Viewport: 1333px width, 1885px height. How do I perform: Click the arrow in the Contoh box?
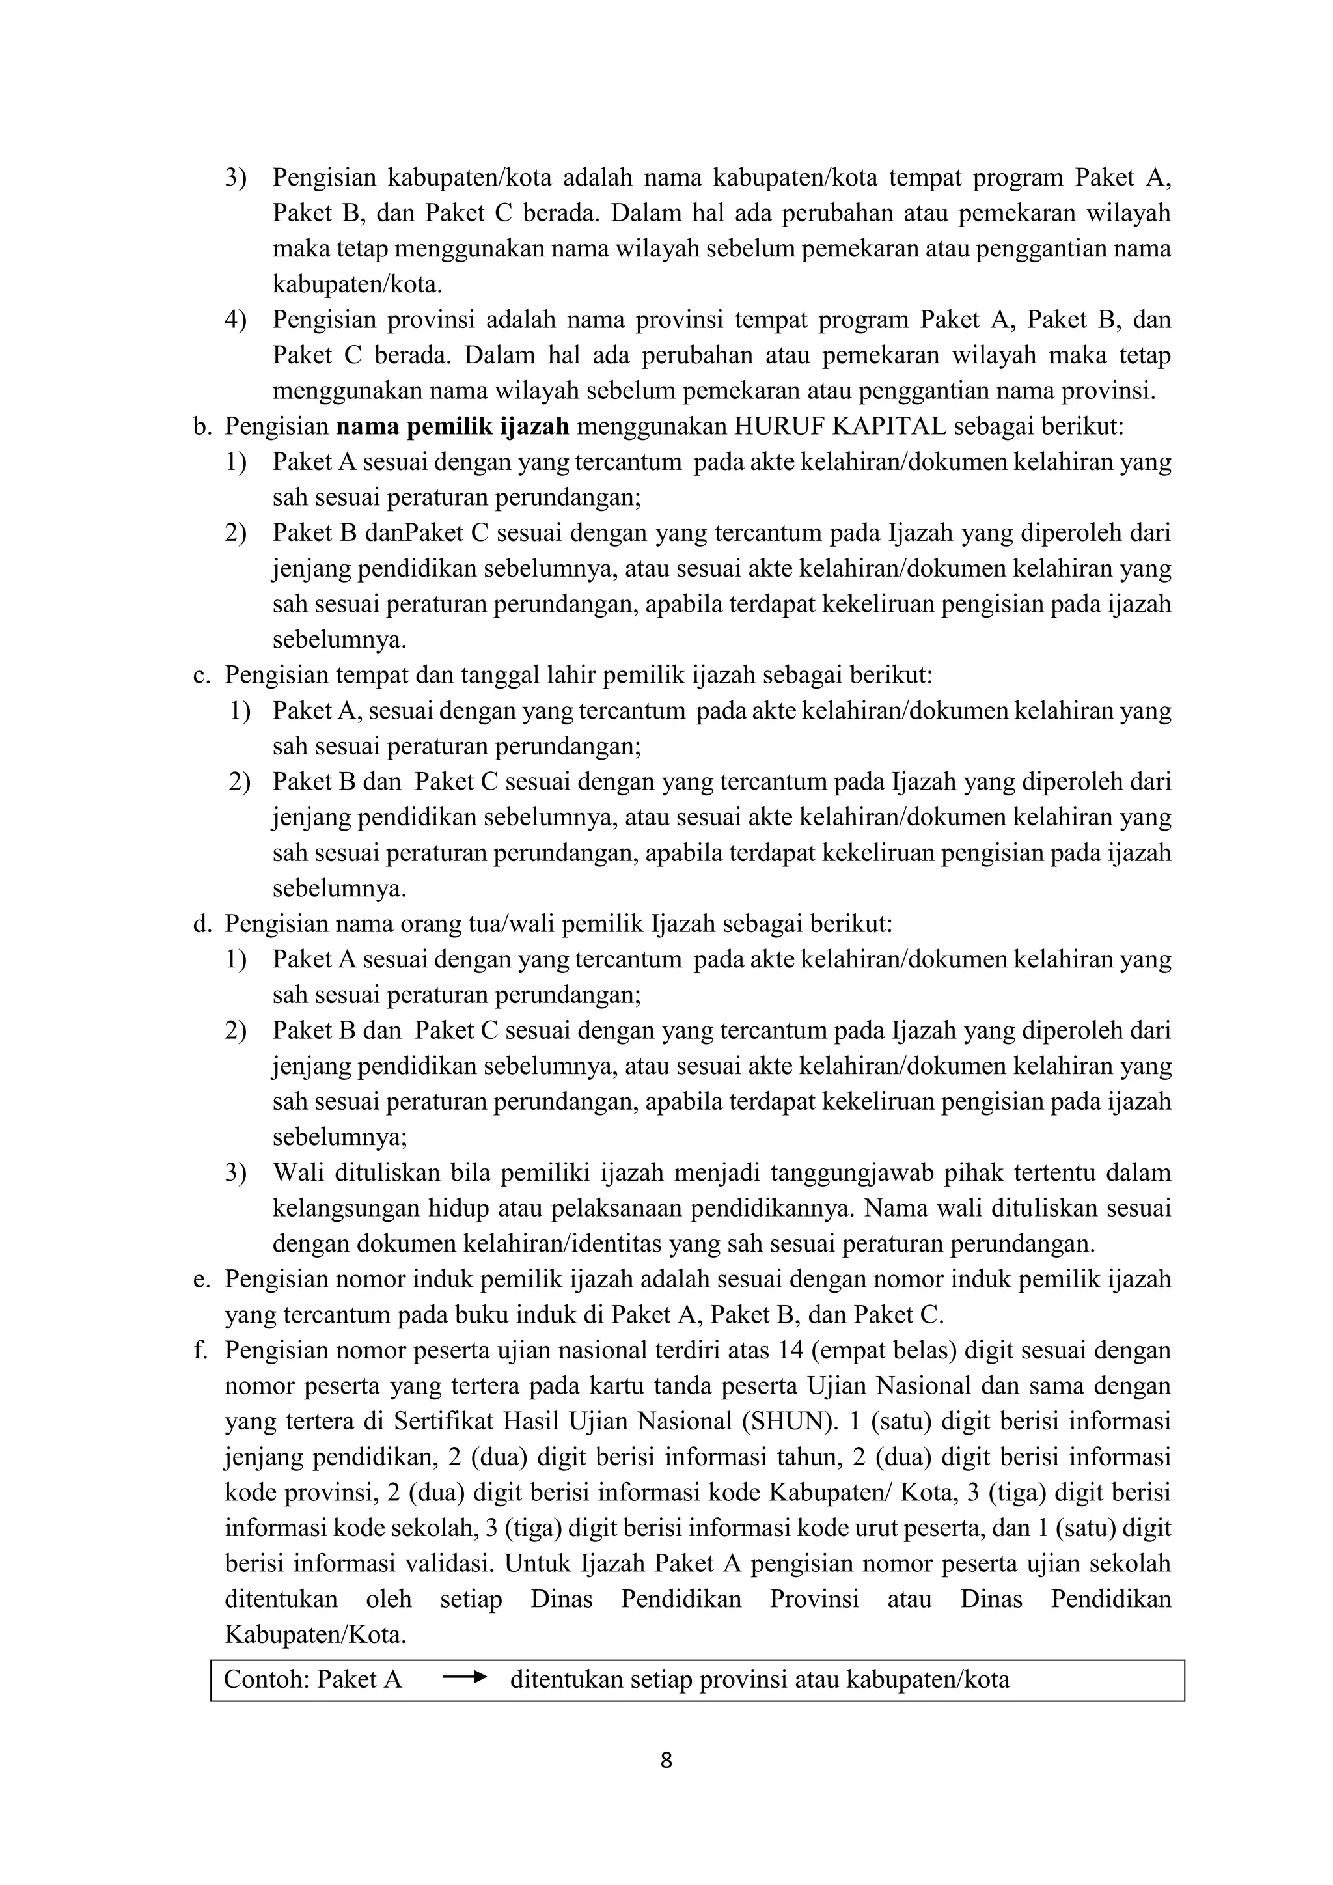[465, 1679]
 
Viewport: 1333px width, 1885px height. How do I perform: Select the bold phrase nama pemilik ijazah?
[452, 427]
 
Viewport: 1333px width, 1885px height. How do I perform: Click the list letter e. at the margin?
[202, 1279]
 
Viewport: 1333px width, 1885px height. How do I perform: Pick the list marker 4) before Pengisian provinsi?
[236, 320]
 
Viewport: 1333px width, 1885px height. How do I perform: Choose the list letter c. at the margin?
[202, 676]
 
